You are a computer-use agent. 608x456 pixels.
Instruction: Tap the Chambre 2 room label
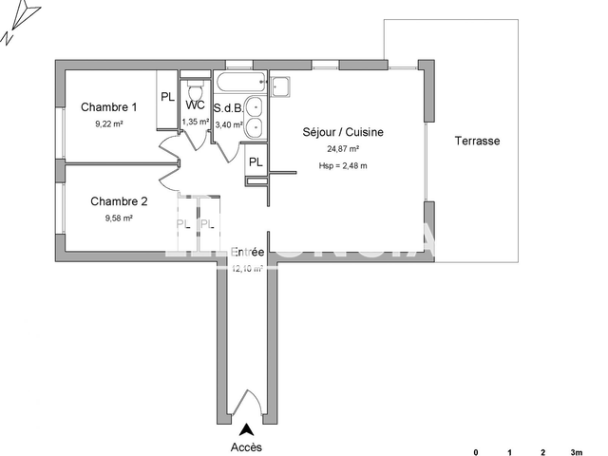[x=119, y=201]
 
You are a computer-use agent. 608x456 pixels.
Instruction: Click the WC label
[x=195, y=105]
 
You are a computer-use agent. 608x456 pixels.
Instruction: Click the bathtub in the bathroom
[x=242, y=84]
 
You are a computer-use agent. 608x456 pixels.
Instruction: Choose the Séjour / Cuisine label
[x=343, y=132]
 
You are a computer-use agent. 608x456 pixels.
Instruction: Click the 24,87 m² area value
[x=343, y=149]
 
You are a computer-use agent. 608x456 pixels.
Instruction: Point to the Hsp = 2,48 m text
[x=343, y=166]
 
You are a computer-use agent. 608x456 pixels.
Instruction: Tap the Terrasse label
[x=477, y=141]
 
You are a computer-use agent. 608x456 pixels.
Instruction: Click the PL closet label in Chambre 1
[x=167, y=97]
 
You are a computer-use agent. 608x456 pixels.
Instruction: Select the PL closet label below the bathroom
[x=256, y=162]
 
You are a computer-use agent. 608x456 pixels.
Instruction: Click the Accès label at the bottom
[x=247, y=447]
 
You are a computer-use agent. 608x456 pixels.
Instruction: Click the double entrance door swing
[x=247, y=404]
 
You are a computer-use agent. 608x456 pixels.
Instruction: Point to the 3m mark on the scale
[x=575, y=451]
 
